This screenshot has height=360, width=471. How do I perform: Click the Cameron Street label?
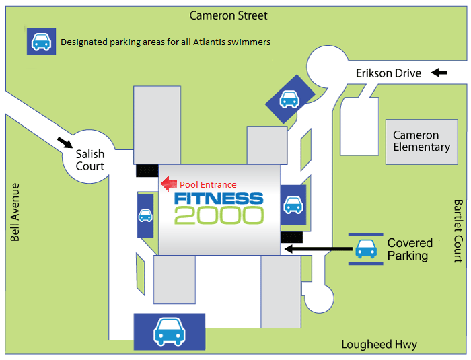click(x=228, y=15)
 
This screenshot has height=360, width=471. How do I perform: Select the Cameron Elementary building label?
click(x=421, y=141)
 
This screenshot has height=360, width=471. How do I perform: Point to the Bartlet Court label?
click(x=458, y=230)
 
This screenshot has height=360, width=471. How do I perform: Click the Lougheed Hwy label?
click(x=379, y=345)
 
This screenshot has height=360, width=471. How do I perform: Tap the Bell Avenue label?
click(x=15, y=212)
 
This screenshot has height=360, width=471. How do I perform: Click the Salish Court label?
click(x=89, y=160)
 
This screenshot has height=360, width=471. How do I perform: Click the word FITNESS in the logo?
click(x=219, y=199)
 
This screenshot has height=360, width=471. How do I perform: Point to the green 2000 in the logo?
click(x=219, y=215)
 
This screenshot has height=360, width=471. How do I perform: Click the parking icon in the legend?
click(x=40, y=42)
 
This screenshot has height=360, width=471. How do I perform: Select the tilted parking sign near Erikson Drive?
click(x=289, y=99)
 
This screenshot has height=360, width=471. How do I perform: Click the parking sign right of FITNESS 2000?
click(x=293, y=205)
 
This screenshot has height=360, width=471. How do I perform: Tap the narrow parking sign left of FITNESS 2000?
click(x=145, y=215)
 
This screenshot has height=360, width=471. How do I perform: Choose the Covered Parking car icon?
click(x=365, y=248)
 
